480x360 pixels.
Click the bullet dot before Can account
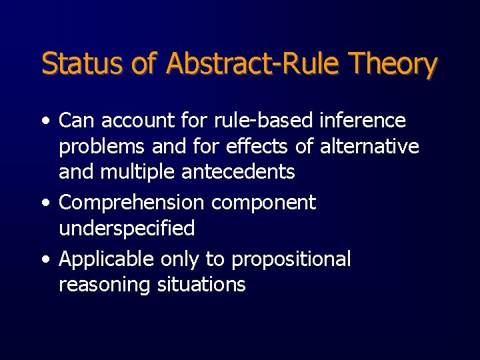pyautogui.click(x=45, y=121)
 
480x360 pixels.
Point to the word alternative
pyautogui.click(x=369, y=146)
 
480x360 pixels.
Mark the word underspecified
pyautogui.click(x=127, y=229)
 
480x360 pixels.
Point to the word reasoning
pyautogui.click(x=105, y=285)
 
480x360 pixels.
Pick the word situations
pyautogui.click(x=201, y=285)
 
